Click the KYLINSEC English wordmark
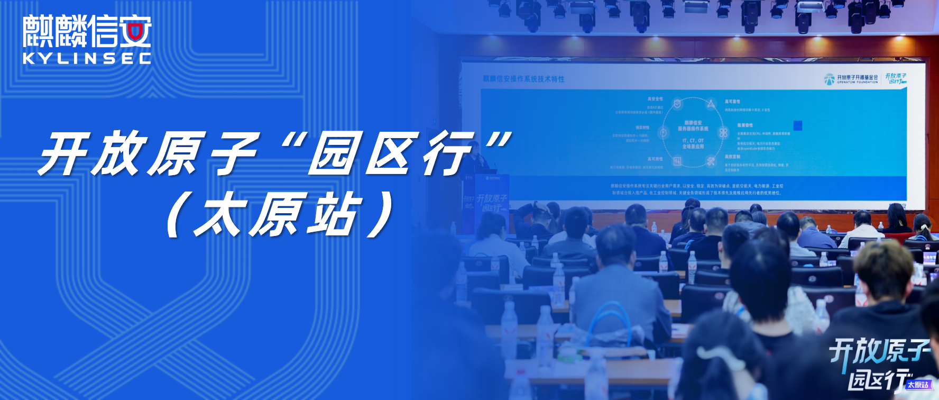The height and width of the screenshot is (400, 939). pos(87,58)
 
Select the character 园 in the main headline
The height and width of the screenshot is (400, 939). pos(335,153)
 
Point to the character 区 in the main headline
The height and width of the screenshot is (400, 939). pos(392,153)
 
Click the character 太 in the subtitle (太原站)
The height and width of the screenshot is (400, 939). pos(220,214)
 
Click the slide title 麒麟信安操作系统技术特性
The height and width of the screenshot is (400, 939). pos(523,79)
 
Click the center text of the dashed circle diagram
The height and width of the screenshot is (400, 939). pos(693,134)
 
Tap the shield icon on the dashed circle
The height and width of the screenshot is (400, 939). pos(677,104)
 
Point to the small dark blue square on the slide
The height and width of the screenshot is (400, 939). pos(798,125)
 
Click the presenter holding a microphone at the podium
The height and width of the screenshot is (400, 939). pos(478,159)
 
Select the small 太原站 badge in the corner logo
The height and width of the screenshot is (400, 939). pos(918,385)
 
